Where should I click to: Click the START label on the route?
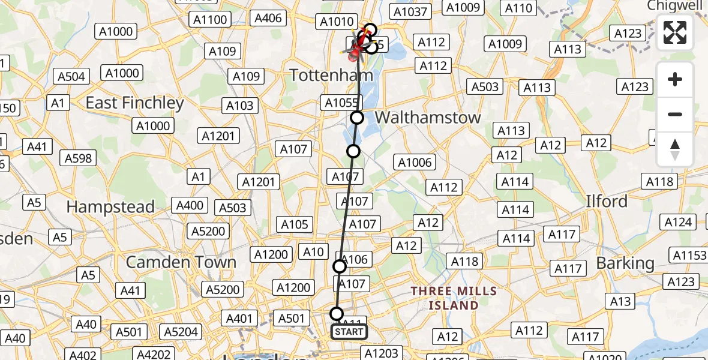coord(349,331)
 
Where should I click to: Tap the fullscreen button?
coord(675,32)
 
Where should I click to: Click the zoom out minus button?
coord(675,114)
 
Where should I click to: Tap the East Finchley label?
coord(134,103)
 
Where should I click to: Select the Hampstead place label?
coord(110,207)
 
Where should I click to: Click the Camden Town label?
coord(181,262)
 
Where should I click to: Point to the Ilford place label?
coord(607,201)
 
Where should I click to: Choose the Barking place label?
coord(625,263)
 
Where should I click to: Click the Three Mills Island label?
coord(454,298)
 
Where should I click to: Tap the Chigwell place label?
coord(675,5)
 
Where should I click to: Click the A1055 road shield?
coord(341,103)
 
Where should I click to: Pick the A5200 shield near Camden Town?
coord(208,231)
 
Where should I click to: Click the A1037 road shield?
coord(409,11)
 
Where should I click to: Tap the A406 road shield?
coord(268,18)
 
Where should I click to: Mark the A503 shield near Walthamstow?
coord(485,87)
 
